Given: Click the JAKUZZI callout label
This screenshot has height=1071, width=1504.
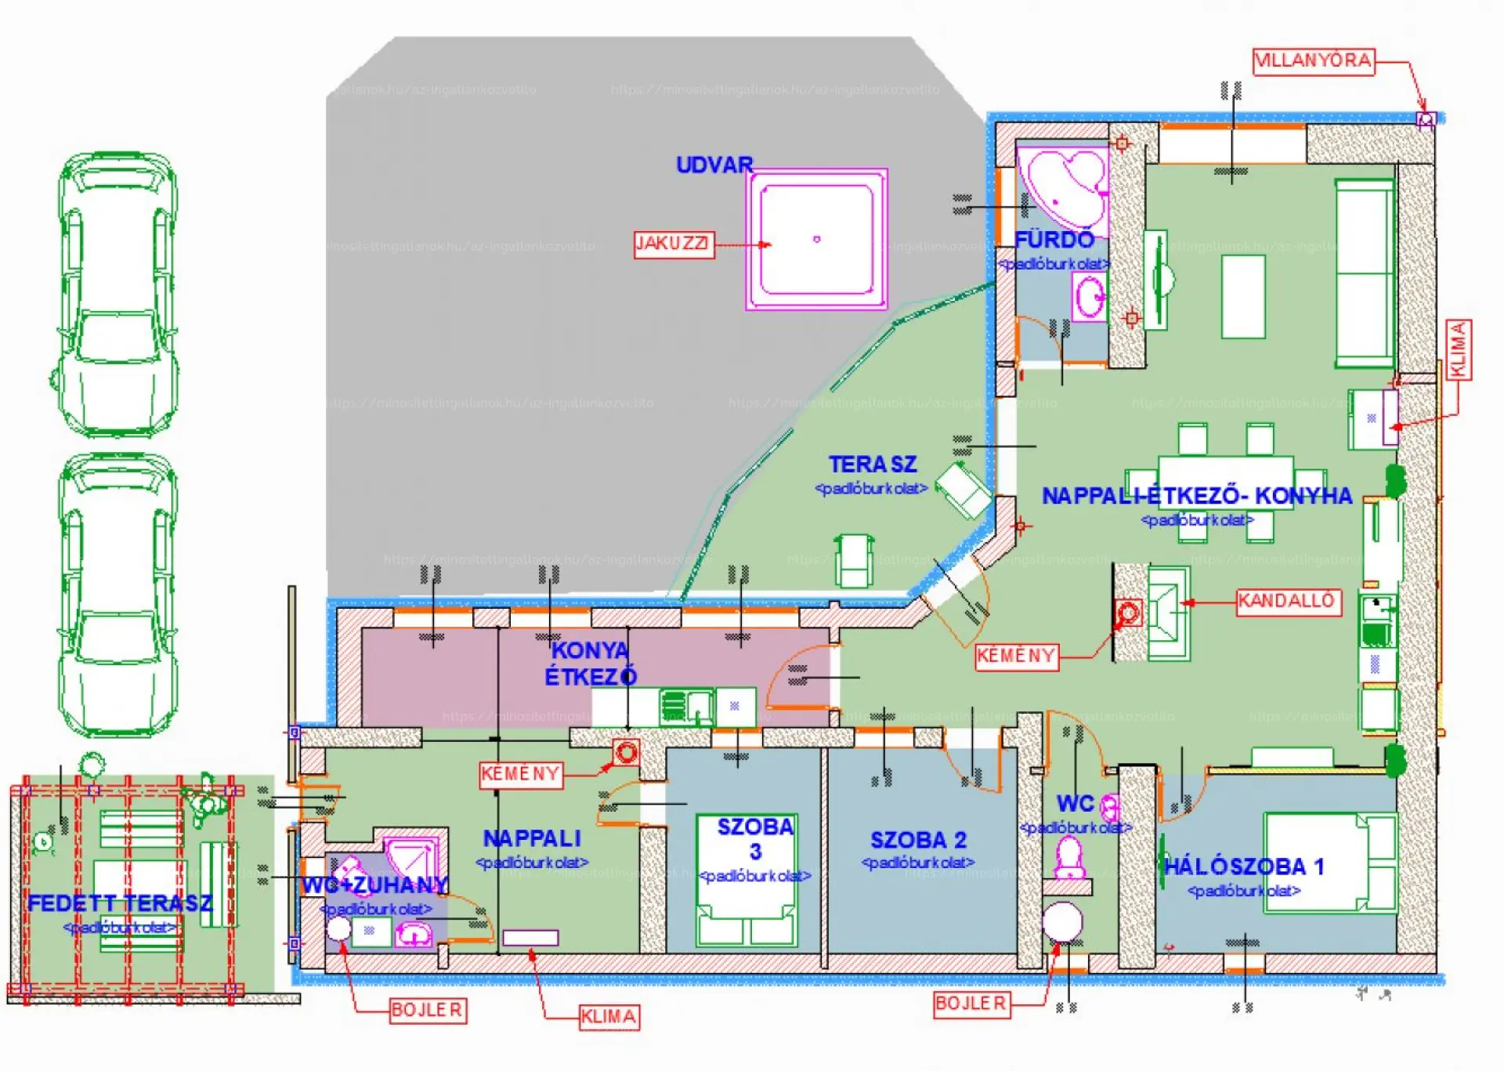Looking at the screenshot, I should tap(673, 244).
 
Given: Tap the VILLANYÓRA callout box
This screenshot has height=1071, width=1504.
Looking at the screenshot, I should tap(1314, 61).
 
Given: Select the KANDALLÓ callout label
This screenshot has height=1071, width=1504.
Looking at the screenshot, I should tap(1287, 602).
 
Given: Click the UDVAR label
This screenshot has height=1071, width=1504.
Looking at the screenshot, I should tap(714, 165).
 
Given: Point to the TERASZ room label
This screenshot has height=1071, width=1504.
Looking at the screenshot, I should tap(872, 465).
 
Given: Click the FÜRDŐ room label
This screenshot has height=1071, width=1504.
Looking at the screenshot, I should tap(1054, 240).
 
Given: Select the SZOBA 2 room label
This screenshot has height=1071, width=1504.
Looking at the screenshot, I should tap(918, 841).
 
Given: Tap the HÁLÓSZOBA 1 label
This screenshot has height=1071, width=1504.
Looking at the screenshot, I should tap(1244, 867).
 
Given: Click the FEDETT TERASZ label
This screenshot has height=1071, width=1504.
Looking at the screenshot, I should tap(120, 903).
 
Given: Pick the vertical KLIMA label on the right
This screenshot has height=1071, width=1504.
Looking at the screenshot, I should tap(1458, 349).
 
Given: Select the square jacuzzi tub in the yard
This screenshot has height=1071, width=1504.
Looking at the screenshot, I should tap(816, 239).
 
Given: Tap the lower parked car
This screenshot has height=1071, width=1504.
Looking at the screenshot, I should tap(117, 595).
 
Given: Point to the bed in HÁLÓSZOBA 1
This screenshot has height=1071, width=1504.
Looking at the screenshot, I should tap(1330, 863).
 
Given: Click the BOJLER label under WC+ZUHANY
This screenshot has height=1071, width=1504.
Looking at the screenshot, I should tap(427, 1010).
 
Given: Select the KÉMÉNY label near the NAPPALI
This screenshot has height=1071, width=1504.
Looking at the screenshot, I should tap(521, 775).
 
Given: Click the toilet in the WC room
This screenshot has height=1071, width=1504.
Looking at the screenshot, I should tap(1069, 858).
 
